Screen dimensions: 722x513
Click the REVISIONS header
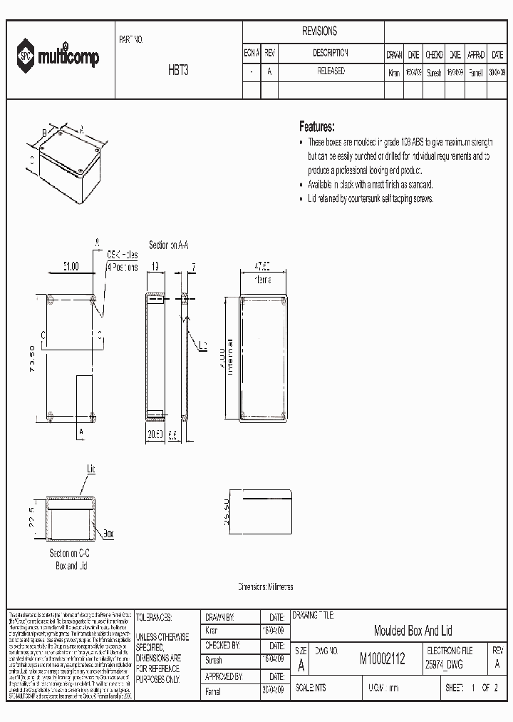tap(319, 31)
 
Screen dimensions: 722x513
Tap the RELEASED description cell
tap(330, 71)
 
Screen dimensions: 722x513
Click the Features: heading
tap(317, 127)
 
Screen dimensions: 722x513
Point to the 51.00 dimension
tap(71, 265)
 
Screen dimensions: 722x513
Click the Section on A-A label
tap(168, 245)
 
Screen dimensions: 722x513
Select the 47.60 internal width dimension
tap(263, 265)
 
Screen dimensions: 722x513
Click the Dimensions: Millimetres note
tap(265, 586)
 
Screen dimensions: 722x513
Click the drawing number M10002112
tap(382, 661)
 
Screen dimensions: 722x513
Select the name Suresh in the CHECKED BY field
tap(214, 661)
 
